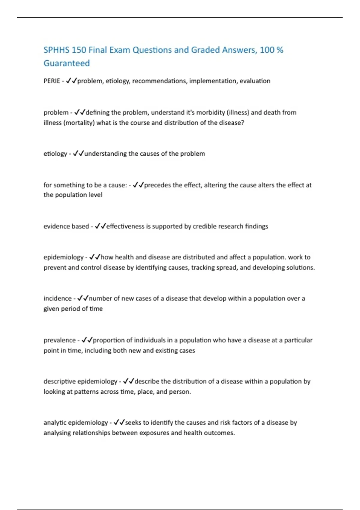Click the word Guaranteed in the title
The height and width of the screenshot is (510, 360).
[x=67, y=63]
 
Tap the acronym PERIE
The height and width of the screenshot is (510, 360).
[x=52, y=81]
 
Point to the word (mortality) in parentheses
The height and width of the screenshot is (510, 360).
[x=79, y=123]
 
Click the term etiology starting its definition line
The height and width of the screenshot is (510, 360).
[x=55, y=154]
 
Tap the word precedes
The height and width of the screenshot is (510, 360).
[x=158, y=185]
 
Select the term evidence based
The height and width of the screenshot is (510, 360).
[x=66, y=226]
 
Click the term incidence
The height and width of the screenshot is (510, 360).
[x=58, y=298]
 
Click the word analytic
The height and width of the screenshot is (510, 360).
[x=55, y=423]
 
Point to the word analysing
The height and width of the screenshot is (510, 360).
[x=57, y=433]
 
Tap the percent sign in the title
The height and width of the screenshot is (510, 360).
[x=280, y=50]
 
